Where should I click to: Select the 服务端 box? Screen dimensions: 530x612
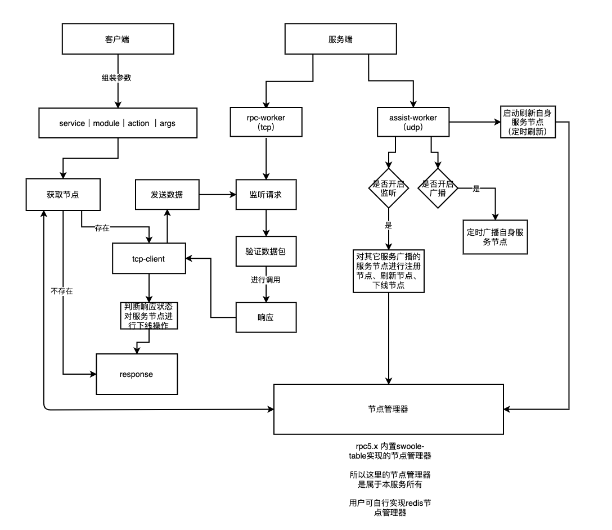pos(341,40)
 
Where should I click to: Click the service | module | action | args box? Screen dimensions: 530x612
pos(118,123)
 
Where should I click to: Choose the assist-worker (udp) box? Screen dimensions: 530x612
pos(413,122)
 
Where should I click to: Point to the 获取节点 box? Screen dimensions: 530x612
pos(63,195)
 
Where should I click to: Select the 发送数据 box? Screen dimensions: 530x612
pos(167,195)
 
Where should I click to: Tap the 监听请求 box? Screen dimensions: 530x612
pos(265,195)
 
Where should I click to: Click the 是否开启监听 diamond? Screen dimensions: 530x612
pos(388,188)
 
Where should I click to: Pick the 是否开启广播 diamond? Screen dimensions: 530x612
pos(438,188)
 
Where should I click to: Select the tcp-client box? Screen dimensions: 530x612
pos(148,258)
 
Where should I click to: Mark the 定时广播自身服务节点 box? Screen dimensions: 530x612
pos(496,236)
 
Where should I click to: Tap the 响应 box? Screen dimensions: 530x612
pos(265,317)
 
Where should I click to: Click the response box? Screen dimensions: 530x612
pos(136,374)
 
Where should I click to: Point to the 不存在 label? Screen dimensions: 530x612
pos(62,291)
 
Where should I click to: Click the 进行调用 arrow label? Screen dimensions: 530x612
pos(265,280)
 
